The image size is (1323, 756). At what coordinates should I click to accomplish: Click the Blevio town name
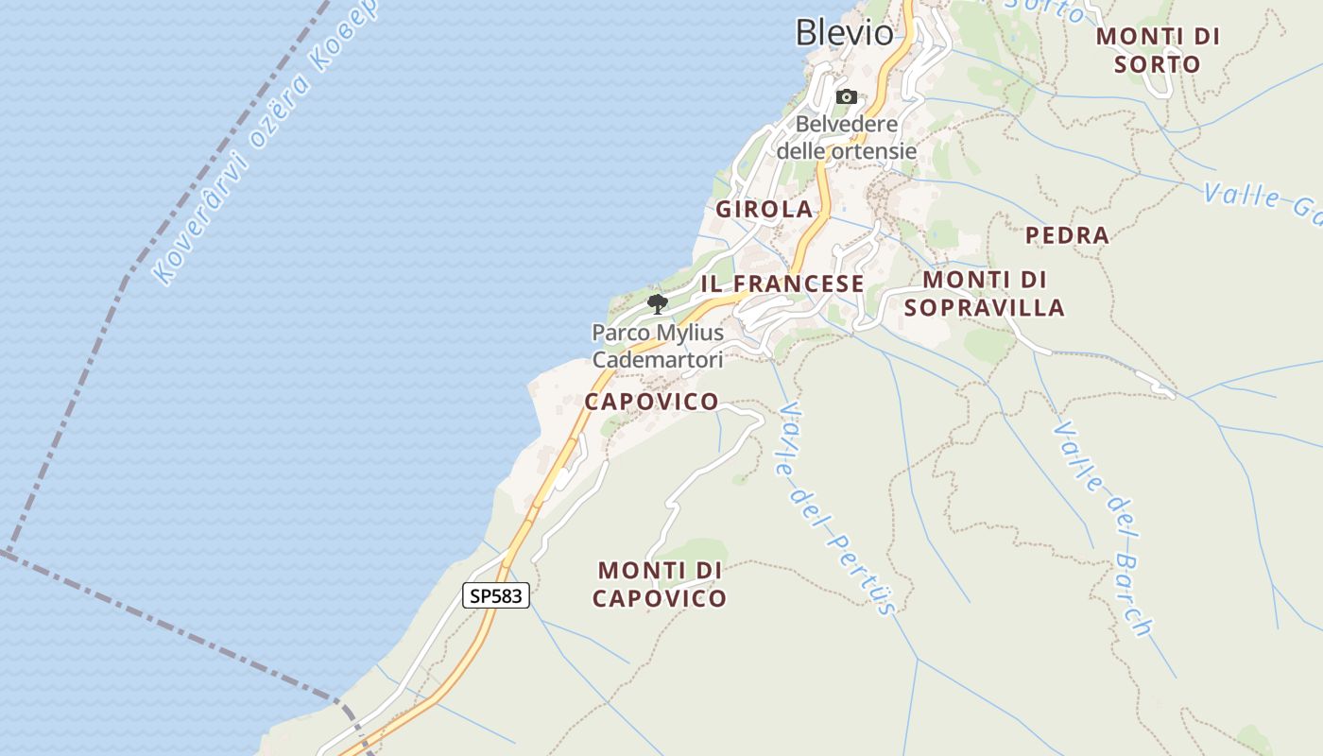[844, 33]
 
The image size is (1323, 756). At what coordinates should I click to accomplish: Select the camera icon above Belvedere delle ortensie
[846, 96]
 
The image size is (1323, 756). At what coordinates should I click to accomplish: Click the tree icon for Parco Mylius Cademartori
[657, 303]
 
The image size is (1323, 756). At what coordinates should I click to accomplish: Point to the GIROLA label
[764, 210]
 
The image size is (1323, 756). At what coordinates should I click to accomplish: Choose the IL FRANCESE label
[782, 283]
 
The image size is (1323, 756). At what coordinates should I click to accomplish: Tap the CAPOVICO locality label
[651, 402]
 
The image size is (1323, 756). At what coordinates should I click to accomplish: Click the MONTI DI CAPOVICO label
[661, 584]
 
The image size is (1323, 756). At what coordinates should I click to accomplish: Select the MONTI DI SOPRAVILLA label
[984, 293]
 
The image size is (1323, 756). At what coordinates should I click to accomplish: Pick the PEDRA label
[1067, 235]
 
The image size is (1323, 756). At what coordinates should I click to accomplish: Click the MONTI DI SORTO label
[1157, 50]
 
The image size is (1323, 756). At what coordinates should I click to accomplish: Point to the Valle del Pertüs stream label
[835, 510]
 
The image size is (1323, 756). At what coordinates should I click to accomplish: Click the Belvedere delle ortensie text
[846, 137]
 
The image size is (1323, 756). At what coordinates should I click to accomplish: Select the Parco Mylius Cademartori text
[657, 346]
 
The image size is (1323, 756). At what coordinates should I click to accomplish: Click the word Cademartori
[657, 360]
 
